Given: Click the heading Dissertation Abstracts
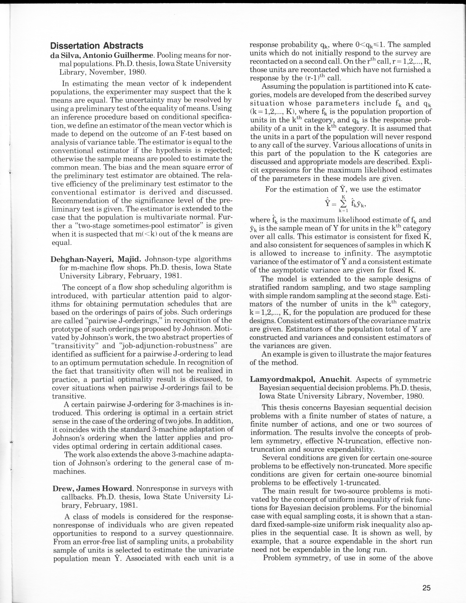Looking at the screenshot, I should pyautogui.click(x=97, y=46).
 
